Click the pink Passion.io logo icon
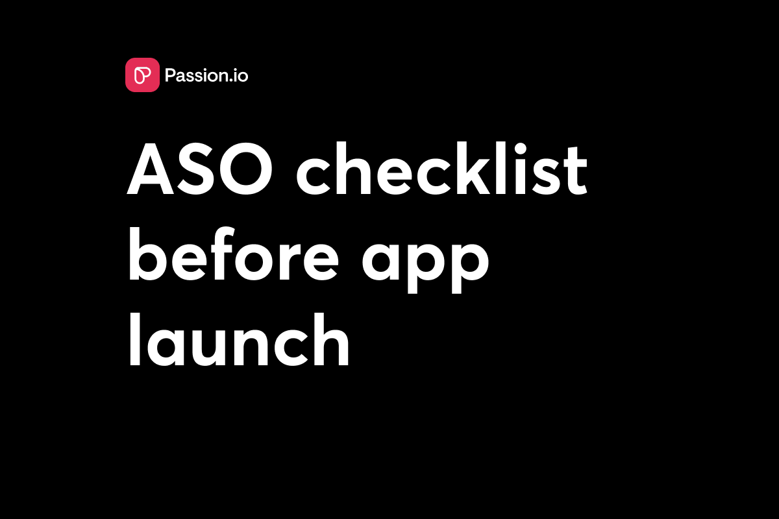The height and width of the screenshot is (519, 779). tap(142, 75)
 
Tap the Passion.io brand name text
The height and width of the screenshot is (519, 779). tap(206, 76)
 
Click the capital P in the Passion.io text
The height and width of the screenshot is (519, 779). tap(171, 76)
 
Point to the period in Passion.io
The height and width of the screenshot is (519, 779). tap(233, 82)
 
